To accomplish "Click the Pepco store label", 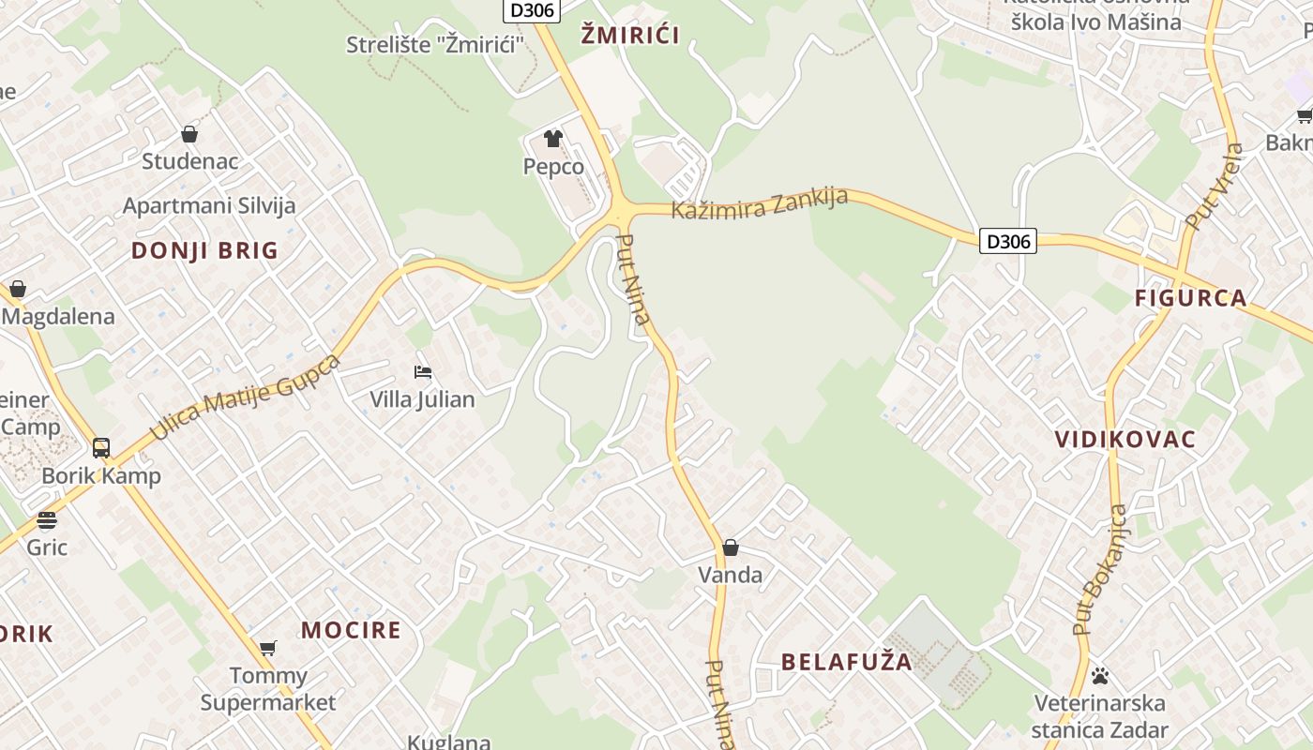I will click(x=553, y=167).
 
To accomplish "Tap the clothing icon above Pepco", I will click(x=553, y=139).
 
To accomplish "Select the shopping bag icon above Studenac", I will click(x=189, y=134).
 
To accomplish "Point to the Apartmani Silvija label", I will click(x=209, y=205).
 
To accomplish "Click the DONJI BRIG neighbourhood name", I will click(x=204, y=250).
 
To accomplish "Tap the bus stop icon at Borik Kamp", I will click(x=101, y=448).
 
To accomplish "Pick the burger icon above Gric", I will click(x=47, y=520).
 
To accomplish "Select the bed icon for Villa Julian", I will click(x=423, y=372).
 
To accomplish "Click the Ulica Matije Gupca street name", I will click(x=245, y=397).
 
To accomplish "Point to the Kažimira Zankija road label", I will click(x=760, y=202).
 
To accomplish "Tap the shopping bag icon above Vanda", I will click(x=731, y=547).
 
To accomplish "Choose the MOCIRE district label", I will click(x=351, y=630).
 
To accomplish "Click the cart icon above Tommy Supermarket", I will click(x=268, y=647).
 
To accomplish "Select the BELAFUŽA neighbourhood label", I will click(x=847, y=662).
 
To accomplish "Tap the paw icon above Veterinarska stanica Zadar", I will click(x=1100, y=675).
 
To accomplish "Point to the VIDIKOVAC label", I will click(x=1125, y=440).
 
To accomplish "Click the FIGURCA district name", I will click(x=1191, y=299).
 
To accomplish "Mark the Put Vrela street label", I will click(x=1215, y=187).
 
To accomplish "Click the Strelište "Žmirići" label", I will click(x=435, y=44).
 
